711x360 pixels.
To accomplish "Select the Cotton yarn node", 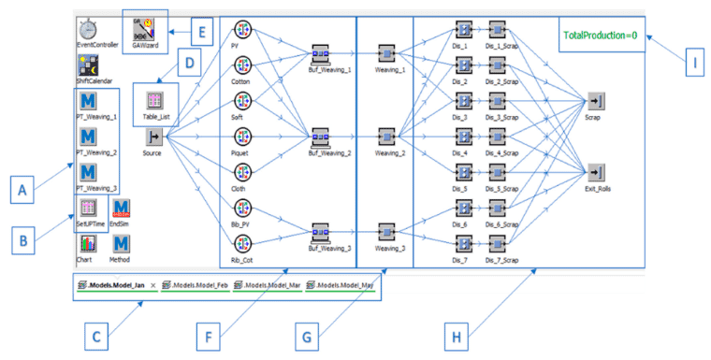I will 241,66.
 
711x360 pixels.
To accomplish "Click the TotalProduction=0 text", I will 600,36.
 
